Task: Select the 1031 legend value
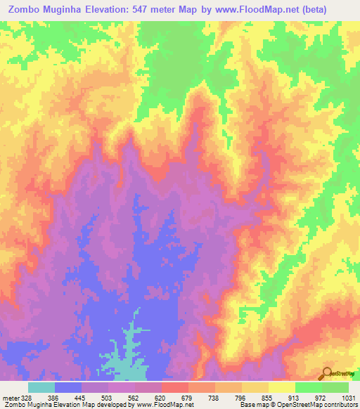347,397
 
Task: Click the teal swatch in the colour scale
41,387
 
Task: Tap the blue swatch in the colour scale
68,387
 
